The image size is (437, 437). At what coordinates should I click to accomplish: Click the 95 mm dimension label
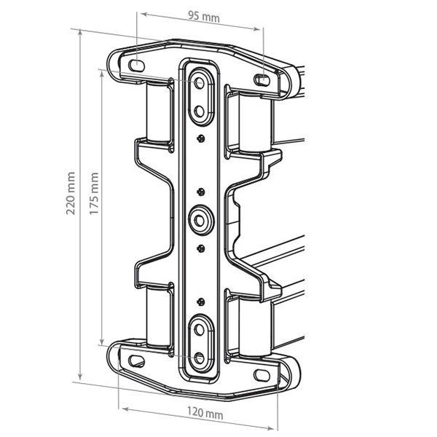tap(204, 17)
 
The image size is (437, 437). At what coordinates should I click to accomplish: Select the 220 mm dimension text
tap(71, 194)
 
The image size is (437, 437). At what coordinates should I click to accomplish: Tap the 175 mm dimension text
tap(94, 194)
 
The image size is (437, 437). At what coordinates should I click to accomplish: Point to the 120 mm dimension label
tap(205, 413)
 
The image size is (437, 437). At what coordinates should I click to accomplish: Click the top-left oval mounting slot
tap(136, 66)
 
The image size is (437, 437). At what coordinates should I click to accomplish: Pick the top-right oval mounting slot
tap(261, 80)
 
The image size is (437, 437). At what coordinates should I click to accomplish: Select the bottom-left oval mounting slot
tap(137, 361)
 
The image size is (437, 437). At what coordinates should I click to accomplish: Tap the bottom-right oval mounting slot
tap(261, 375)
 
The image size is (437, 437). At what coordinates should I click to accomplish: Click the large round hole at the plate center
tap(200, 221)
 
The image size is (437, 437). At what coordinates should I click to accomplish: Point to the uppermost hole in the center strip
tap(200, 82)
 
